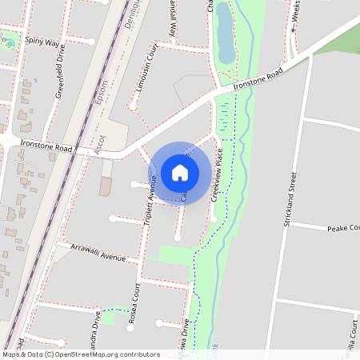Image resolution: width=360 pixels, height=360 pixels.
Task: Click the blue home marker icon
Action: pyautogui.click(x=180, y=173)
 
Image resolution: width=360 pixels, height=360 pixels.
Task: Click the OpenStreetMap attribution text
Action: pyautogui.click(x=81, y=354)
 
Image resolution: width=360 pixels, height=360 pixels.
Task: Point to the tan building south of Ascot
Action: pyautogui.click(x=106, y=186)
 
